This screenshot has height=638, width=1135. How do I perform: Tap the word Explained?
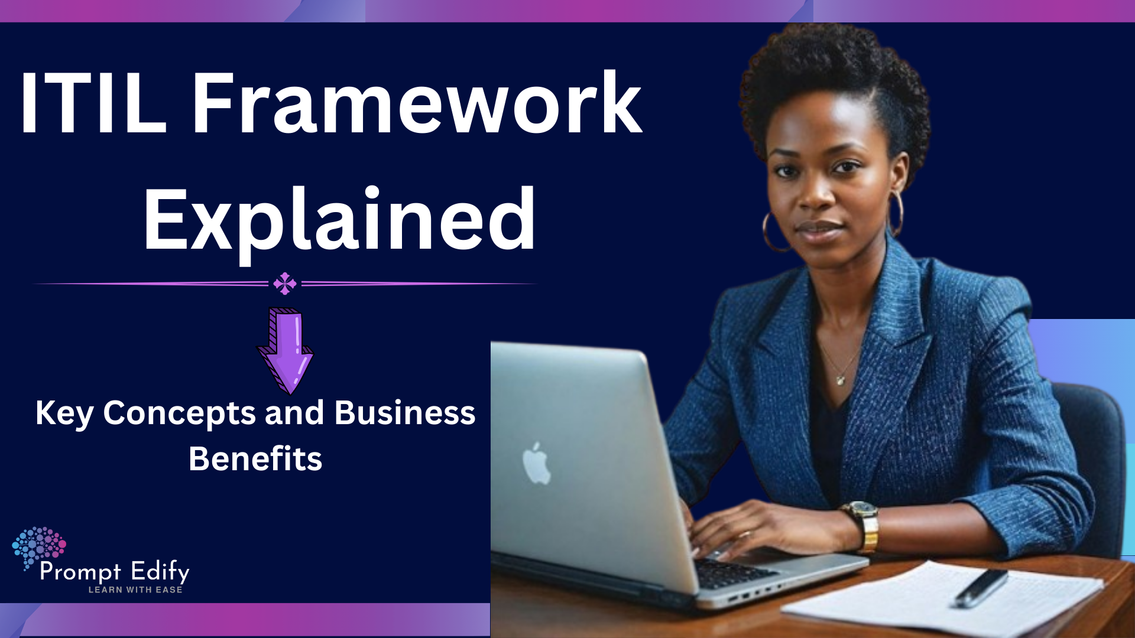click(339, 220)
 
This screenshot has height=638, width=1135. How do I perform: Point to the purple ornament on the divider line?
click(285, 284)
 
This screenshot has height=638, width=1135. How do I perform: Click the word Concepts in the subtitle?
click(179, 414)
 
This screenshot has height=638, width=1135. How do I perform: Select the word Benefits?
click(255, 459)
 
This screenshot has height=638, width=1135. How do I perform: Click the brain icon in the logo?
click(38, 545)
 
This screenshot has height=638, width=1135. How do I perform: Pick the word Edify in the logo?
click(160, 572)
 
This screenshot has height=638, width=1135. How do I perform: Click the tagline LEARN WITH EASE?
click(135, 590)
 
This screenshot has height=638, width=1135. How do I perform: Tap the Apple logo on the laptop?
click(537, 463)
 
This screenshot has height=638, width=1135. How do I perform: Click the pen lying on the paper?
click(981, 587)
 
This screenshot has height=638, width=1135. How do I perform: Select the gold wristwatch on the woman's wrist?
click(864, 525)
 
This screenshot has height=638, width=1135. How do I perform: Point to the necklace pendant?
click(840, 380)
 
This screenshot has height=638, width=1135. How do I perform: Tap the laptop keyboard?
click(733, 572)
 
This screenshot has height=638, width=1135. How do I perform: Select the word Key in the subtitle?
click(64, 414)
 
